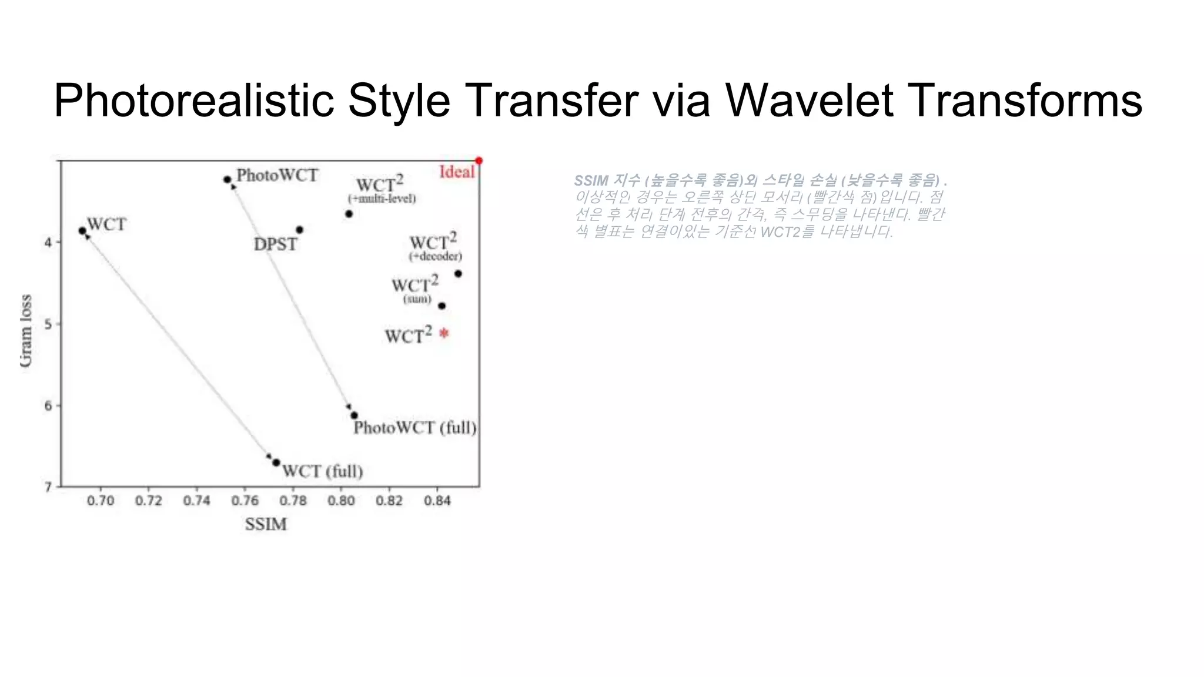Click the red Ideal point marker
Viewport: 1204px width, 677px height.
tap(479, 161)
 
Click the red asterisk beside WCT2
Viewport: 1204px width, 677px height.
tap(444, 333)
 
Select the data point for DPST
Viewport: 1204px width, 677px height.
tap(299, 230)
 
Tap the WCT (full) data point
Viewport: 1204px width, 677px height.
tap(276, 462)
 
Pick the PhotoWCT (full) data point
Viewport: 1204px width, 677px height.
tap(354, 415)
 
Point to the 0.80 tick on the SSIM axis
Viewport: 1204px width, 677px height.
tap(341, 500)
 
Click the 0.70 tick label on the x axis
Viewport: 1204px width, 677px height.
tap(101, 500)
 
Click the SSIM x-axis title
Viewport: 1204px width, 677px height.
tap(266, 524)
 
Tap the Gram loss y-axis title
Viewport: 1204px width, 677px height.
tap(26, 330)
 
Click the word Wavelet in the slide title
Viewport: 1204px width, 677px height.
tap(809, 100)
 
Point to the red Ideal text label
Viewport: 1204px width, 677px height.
tap(457, 172)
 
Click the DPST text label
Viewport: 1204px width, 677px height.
tap(275, 244)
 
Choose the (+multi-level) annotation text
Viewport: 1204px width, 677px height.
tap(382, 199)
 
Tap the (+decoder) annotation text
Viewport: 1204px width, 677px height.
tap(435, 256)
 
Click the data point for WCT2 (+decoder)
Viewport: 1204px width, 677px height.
tap(458, 273)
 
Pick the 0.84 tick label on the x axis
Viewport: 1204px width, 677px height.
tap(437, 500)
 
